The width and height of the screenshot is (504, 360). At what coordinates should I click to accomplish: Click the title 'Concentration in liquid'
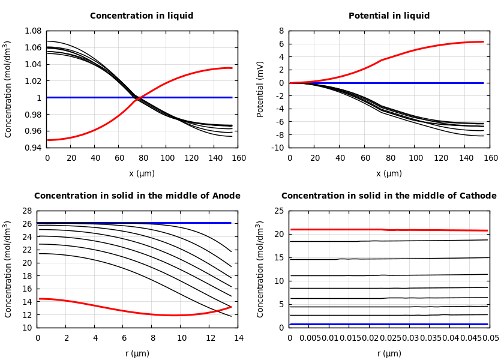[x=142, y=16]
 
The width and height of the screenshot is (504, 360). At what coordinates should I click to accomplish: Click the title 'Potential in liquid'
[x=389, y=16]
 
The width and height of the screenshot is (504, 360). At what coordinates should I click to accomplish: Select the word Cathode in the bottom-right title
[x=478, y=196]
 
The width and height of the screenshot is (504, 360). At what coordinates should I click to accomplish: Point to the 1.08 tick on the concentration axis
[x=32, y=31]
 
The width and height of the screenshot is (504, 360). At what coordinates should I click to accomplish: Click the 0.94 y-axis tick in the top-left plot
[x=32, y=148]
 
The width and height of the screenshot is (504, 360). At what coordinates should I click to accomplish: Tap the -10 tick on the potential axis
[x=277, y=148]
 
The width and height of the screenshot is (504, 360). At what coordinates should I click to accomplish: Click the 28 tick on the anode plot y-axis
[x=26, y=211]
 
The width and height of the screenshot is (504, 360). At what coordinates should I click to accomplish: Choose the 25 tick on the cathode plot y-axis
[x=278, y=211]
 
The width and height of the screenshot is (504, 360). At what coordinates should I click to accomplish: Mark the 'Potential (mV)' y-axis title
[x=260, y=89]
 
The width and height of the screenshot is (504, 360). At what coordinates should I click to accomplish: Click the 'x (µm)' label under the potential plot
[x=389, y=174]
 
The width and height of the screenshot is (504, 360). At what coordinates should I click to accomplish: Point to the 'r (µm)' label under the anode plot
[x=137, y=354]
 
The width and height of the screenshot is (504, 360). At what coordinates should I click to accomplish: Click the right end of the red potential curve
[x=483, y=42]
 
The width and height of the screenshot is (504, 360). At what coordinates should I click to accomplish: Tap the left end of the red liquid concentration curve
[x=47, y=140]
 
